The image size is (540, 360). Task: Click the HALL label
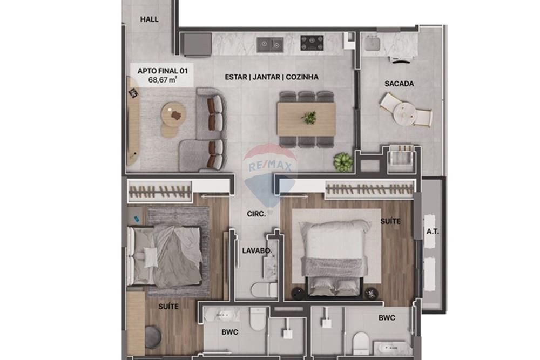(x=150, y=19)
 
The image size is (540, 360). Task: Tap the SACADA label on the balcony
(x=399, y=84)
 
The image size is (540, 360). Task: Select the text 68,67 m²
(x=163, y=79)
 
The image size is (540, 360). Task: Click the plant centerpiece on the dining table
(x=309, y=117)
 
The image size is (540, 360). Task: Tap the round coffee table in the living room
(x=173, y=114)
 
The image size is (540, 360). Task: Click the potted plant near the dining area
(x=342, y=161)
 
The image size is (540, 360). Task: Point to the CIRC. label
(x=256, y=214)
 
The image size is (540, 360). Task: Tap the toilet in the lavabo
(x=264, y=289)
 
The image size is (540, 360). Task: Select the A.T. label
(x=431, y=232)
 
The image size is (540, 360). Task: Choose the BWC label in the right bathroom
(x=387, y=318)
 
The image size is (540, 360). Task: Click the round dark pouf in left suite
(x=153, y=337)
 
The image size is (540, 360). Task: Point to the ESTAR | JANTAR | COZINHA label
(x=271, y=77)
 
